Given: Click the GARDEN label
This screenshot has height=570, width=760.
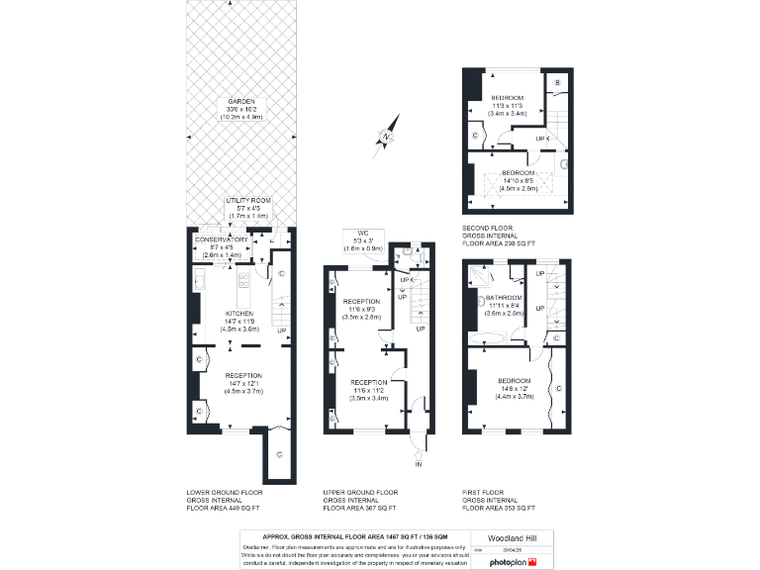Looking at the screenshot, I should pyautogui.click(x=240, y=101).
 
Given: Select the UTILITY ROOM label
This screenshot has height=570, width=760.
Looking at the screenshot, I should pyautogui.click(x=247, y=200).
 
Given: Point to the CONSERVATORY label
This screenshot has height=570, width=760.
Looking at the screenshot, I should pyautogui.click(x=221, y=239).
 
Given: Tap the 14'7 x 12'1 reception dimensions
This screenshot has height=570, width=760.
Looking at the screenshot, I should pyautogui.click(x=242, y=385).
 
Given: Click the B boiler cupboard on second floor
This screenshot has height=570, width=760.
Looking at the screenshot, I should pyautogui.click(x=557, y=81).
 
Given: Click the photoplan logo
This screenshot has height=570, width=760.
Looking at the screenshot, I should pyautogui.click(x=510, y=562).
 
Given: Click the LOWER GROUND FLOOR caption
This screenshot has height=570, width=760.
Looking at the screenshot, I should pyautogui.click(x=225, y=492).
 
